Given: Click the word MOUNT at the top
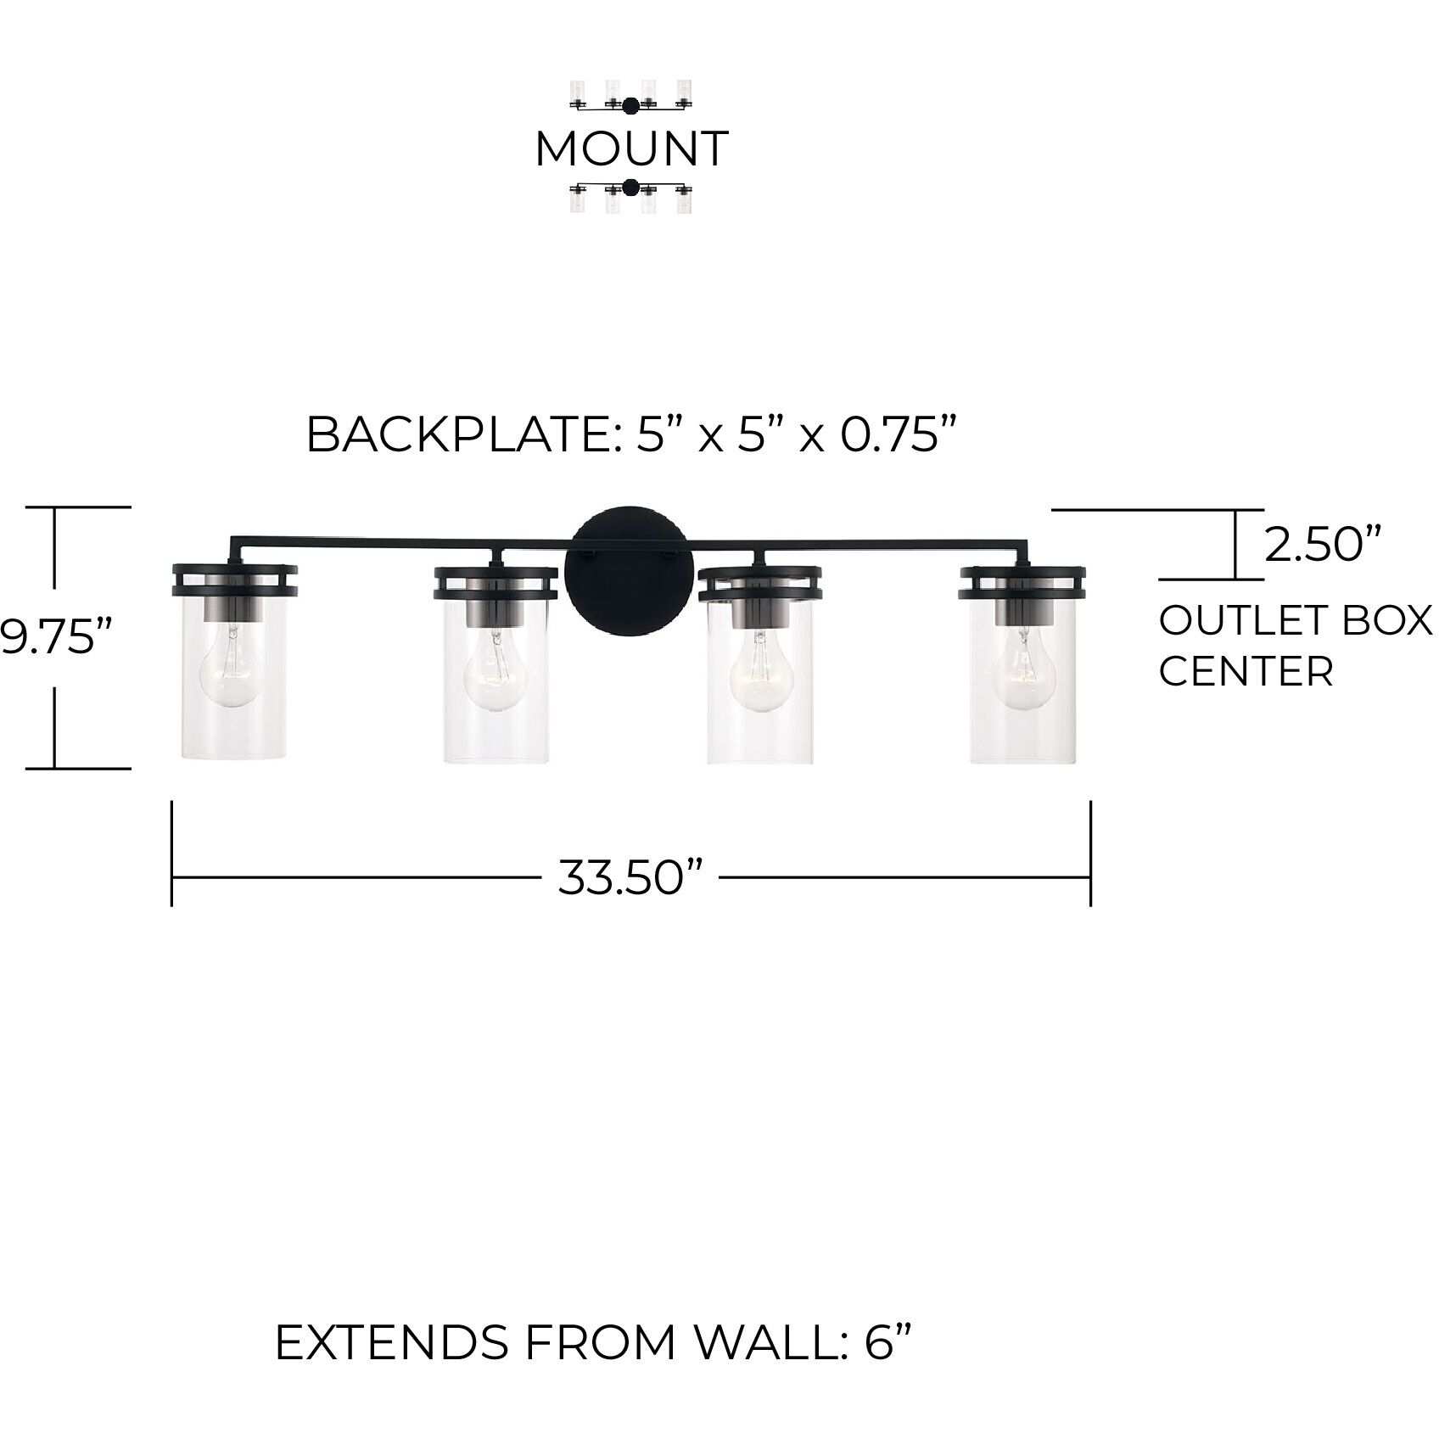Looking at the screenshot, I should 631,148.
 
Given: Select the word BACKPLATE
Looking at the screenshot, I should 454,435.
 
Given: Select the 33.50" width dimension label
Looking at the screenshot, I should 632,876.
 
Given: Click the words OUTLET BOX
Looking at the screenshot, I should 1295,622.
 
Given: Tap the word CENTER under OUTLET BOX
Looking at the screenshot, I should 1246,672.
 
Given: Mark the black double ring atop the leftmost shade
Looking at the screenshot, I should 234,580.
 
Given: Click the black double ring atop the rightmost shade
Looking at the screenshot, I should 1023,580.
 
